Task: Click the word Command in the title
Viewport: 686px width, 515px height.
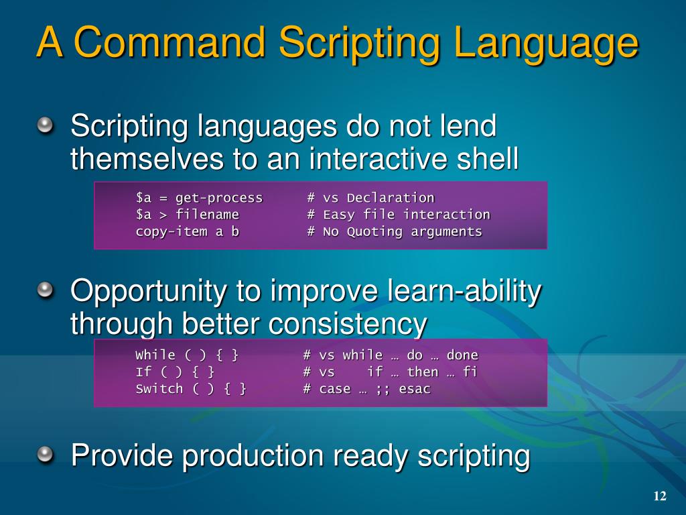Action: click(x=170, y=42)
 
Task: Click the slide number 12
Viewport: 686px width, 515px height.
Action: click(x=660, y=496)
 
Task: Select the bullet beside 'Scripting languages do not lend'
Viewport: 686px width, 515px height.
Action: click(x=45, y=126)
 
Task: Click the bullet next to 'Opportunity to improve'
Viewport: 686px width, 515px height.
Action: click(x=45, y=290)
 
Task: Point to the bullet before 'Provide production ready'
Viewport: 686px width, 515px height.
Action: click(x=45, y=455)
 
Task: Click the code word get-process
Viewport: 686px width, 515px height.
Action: click(x=219, y=198)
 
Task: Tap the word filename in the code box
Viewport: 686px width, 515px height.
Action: click(x=207, y=215)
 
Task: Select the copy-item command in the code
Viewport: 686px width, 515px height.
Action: click(x=171, y=231)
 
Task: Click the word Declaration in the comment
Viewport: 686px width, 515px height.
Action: click(x=391, y=198)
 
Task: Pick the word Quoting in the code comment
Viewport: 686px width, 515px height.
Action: click(x=374, y=231)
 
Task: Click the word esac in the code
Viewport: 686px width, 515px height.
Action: click(x=414, y=389)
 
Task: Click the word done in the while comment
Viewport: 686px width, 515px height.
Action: click(x=462, y=355)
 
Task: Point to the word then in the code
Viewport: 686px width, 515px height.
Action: click(x=422, y=371)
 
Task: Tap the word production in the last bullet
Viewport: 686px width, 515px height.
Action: click(x=253, y=457)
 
